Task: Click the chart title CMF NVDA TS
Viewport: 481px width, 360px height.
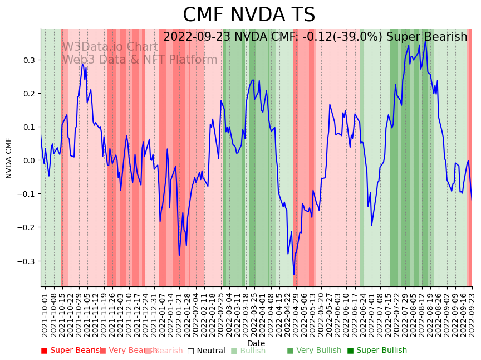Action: (x=249, y=15)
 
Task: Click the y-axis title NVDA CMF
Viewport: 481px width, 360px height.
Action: (x=9, y=158)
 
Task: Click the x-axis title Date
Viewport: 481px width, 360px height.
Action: (x=256, y=343)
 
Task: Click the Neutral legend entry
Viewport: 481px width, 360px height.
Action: (x=211, y=351)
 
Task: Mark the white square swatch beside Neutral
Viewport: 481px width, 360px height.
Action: (x=190, y=351)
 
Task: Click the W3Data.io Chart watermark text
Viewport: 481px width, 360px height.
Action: (x=110, y=47)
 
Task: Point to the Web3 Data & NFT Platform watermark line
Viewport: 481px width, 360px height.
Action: (x=139, y=60)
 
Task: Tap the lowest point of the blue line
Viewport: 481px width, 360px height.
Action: (x=294, y=274)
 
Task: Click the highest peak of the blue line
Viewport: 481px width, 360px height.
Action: (x=426, y=40)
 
